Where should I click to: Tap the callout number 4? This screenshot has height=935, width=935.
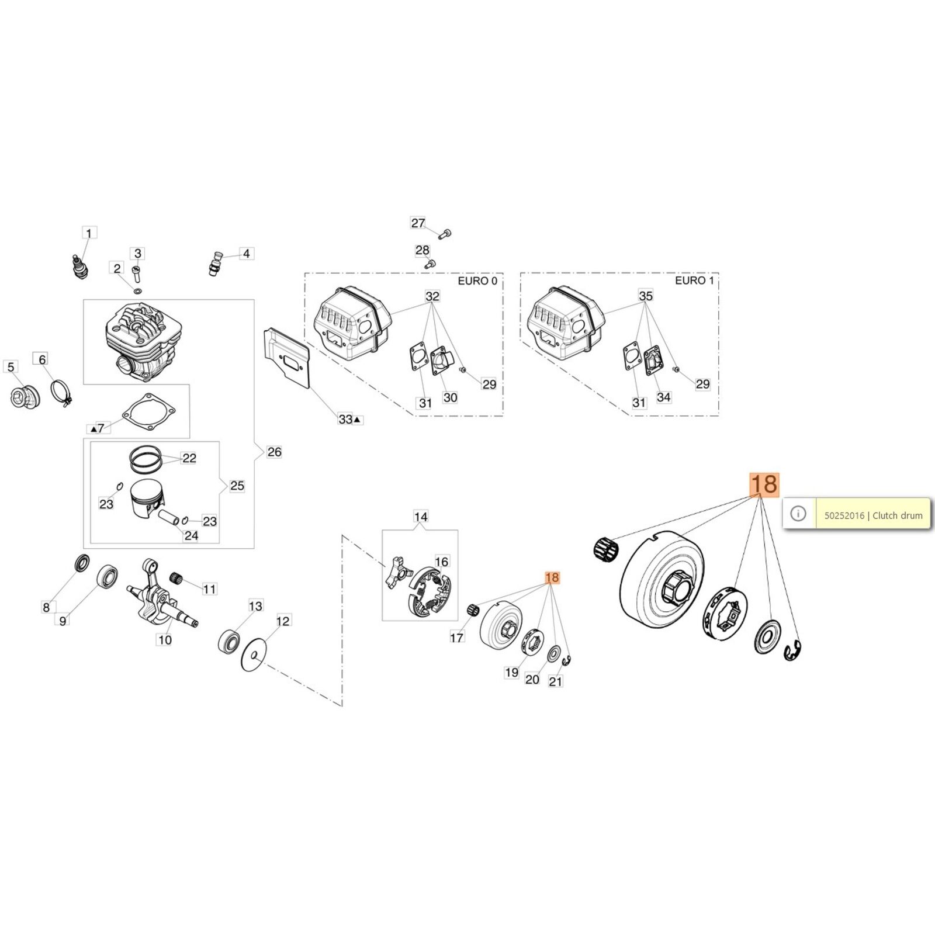tap(246, 254)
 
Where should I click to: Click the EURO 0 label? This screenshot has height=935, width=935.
tap(477, 281)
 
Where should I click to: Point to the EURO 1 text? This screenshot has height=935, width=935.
tap(694, 281)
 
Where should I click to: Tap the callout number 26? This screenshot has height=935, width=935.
tap(274, 452)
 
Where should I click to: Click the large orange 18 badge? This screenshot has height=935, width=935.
tap(764, 484)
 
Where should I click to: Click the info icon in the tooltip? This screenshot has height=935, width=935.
tap(798, 514)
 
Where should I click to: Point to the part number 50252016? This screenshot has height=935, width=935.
tap(844, 515)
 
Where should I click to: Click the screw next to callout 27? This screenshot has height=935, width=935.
tap(446, 234)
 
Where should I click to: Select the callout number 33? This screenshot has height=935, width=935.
tap(345, 419)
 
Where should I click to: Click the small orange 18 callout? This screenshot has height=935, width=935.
tap(552, 578)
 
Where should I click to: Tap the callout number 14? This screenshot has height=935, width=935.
tap(421, 517)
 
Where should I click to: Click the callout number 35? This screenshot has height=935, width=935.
tap(646, 296)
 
